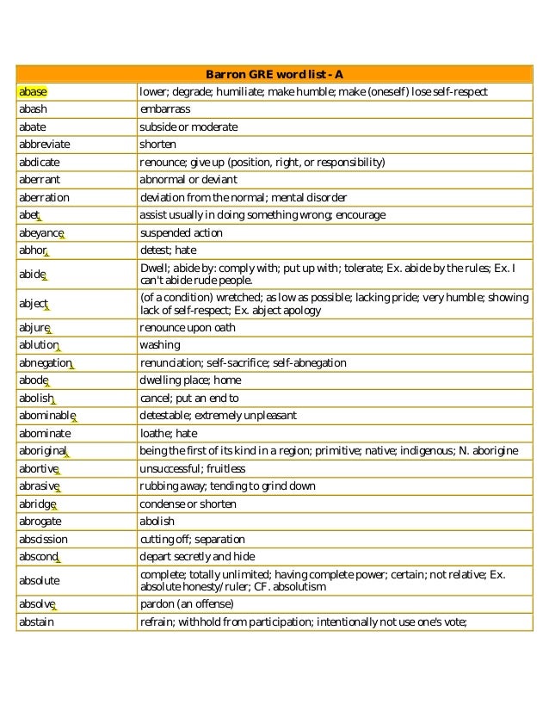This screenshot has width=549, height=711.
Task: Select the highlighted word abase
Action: (33, 91)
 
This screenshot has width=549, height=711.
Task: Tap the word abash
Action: (34, 109)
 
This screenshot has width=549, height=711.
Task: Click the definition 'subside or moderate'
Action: (188, 127)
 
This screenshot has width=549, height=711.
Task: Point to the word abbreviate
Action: (44, 145)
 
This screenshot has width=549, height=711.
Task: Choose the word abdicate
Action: (39, 162)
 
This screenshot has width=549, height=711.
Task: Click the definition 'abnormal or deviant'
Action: (188, 180)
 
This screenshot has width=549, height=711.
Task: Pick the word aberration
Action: (44, 197)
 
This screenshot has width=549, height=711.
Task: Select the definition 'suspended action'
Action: (181, 232)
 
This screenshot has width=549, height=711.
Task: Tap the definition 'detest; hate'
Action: (169, 250)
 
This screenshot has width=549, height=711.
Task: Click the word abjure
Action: (34, 328)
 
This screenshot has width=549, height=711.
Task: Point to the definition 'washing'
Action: (160, 345)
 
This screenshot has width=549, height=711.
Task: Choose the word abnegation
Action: (45, 363)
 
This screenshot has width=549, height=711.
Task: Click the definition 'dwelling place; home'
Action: (190, 380)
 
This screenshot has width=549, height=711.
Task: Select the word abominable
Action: (46, 416)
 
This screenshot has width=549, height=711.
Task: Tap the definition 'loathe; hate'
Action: (169, 433)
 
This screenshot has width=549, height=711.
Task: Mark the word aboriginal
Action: (42, 451)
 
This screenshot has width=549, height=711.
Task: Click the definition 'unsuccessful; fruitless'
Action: (192, 468)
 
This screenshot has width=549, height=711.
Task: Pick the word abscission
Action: (43, 539)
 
